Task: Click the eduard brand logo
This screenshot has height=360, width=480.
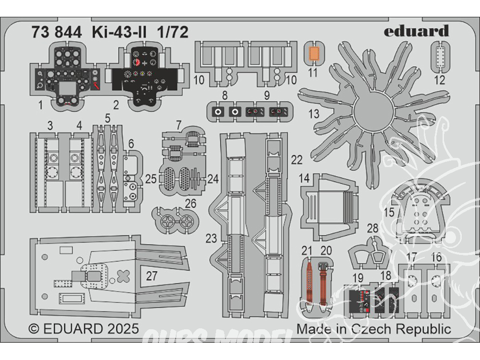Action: pyautogui.click(x=416, y=31)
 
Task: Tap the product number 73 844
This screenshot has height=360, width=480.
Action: pyautogui.click(x=57, y=32)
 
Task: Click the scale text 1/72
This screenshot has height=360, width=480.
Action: pyautogui.click(x=173, y=32)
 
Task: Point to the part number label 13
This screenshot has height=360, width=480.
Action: pyautogui.click(x=314, y=114)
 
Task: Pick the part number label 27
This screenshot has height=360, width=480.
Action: pyautogui.click(x=152, y=276)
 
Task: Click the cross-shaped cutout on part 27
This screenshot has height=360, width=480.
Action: pyautogui.click(x=123, y=276)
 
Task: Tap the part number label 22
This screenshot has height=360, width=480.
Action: pyautogui.click(x=297, y=160)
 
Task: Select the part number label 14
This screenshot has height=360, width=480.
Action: pyautogui.click(x=304, y=178)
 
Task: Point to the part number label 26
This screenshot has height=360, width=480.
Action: pyautogui.click(x=191, y=204)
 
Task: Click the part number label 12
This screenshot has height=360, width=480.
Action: pyautogui.click(x=440, y=80)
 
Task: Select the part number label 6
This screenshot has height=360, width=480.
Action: pyautogui.click(x=132, y=144)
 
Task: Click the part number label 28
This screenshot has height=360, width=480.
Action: pyautogui.click(x=372, y=228)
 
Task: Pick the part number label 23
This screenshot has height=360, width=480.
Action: pyautogui.click(x=211, y=238)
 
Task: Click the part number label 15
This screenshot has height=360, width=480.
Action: pyautogui.click(x=389, y=213)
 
